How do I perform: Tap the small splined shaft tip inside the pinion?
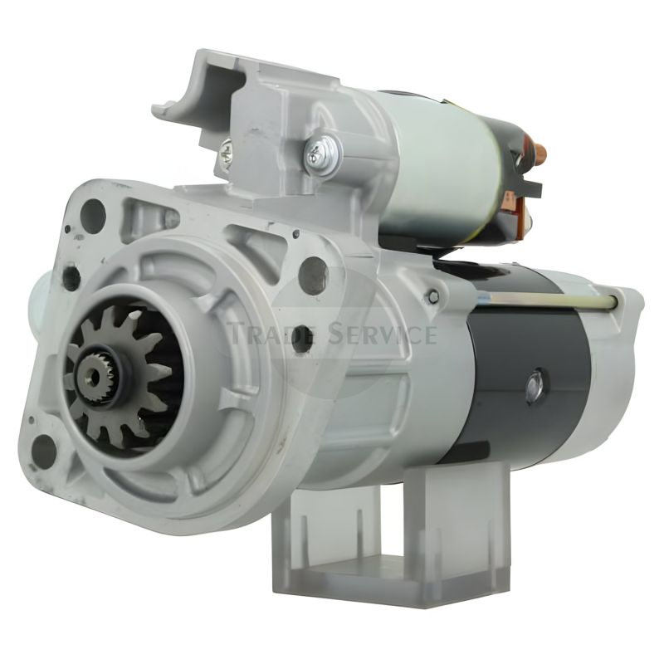(x=93, y=374)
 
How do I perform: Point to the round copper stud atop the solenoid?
(x=540, y=152)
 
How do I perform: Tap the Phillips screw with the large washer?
(x=323, y=154)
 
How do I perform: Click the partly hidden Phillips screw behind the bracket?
(x=226, y=154)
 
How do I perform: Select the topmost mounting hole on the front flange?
(x=93, y=214)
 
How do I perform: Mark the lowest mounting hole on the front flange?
(x=44, y=449)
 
